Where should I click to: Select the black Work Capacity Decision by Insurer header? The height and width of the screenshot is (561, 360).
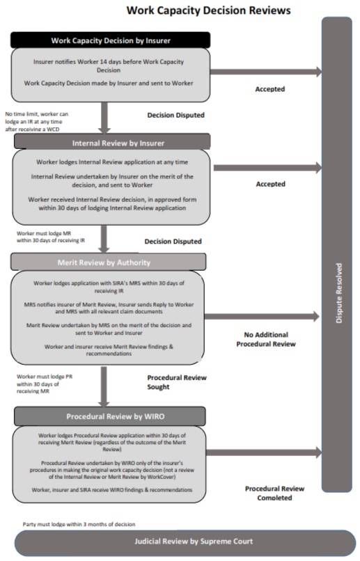[x=109, y=40]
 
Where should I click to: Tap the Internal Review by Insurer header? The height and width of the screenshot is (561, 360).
[x=109, y=143]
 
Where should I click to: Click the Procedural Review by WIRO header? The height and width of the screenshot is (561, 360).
[x=109, y=417]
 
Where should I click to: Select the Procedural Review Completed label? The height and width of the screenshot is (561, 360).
[x=274, y=493]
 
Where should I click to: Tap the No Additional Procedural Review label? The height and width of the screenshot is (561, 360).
[x=269, y=339]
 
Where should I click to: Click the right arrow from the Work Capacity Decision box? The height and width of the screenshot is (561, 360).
[x=265, y=72]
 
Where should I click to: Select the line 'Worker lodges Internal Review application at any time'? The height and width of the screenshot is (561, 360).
[x=110, y=162]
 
